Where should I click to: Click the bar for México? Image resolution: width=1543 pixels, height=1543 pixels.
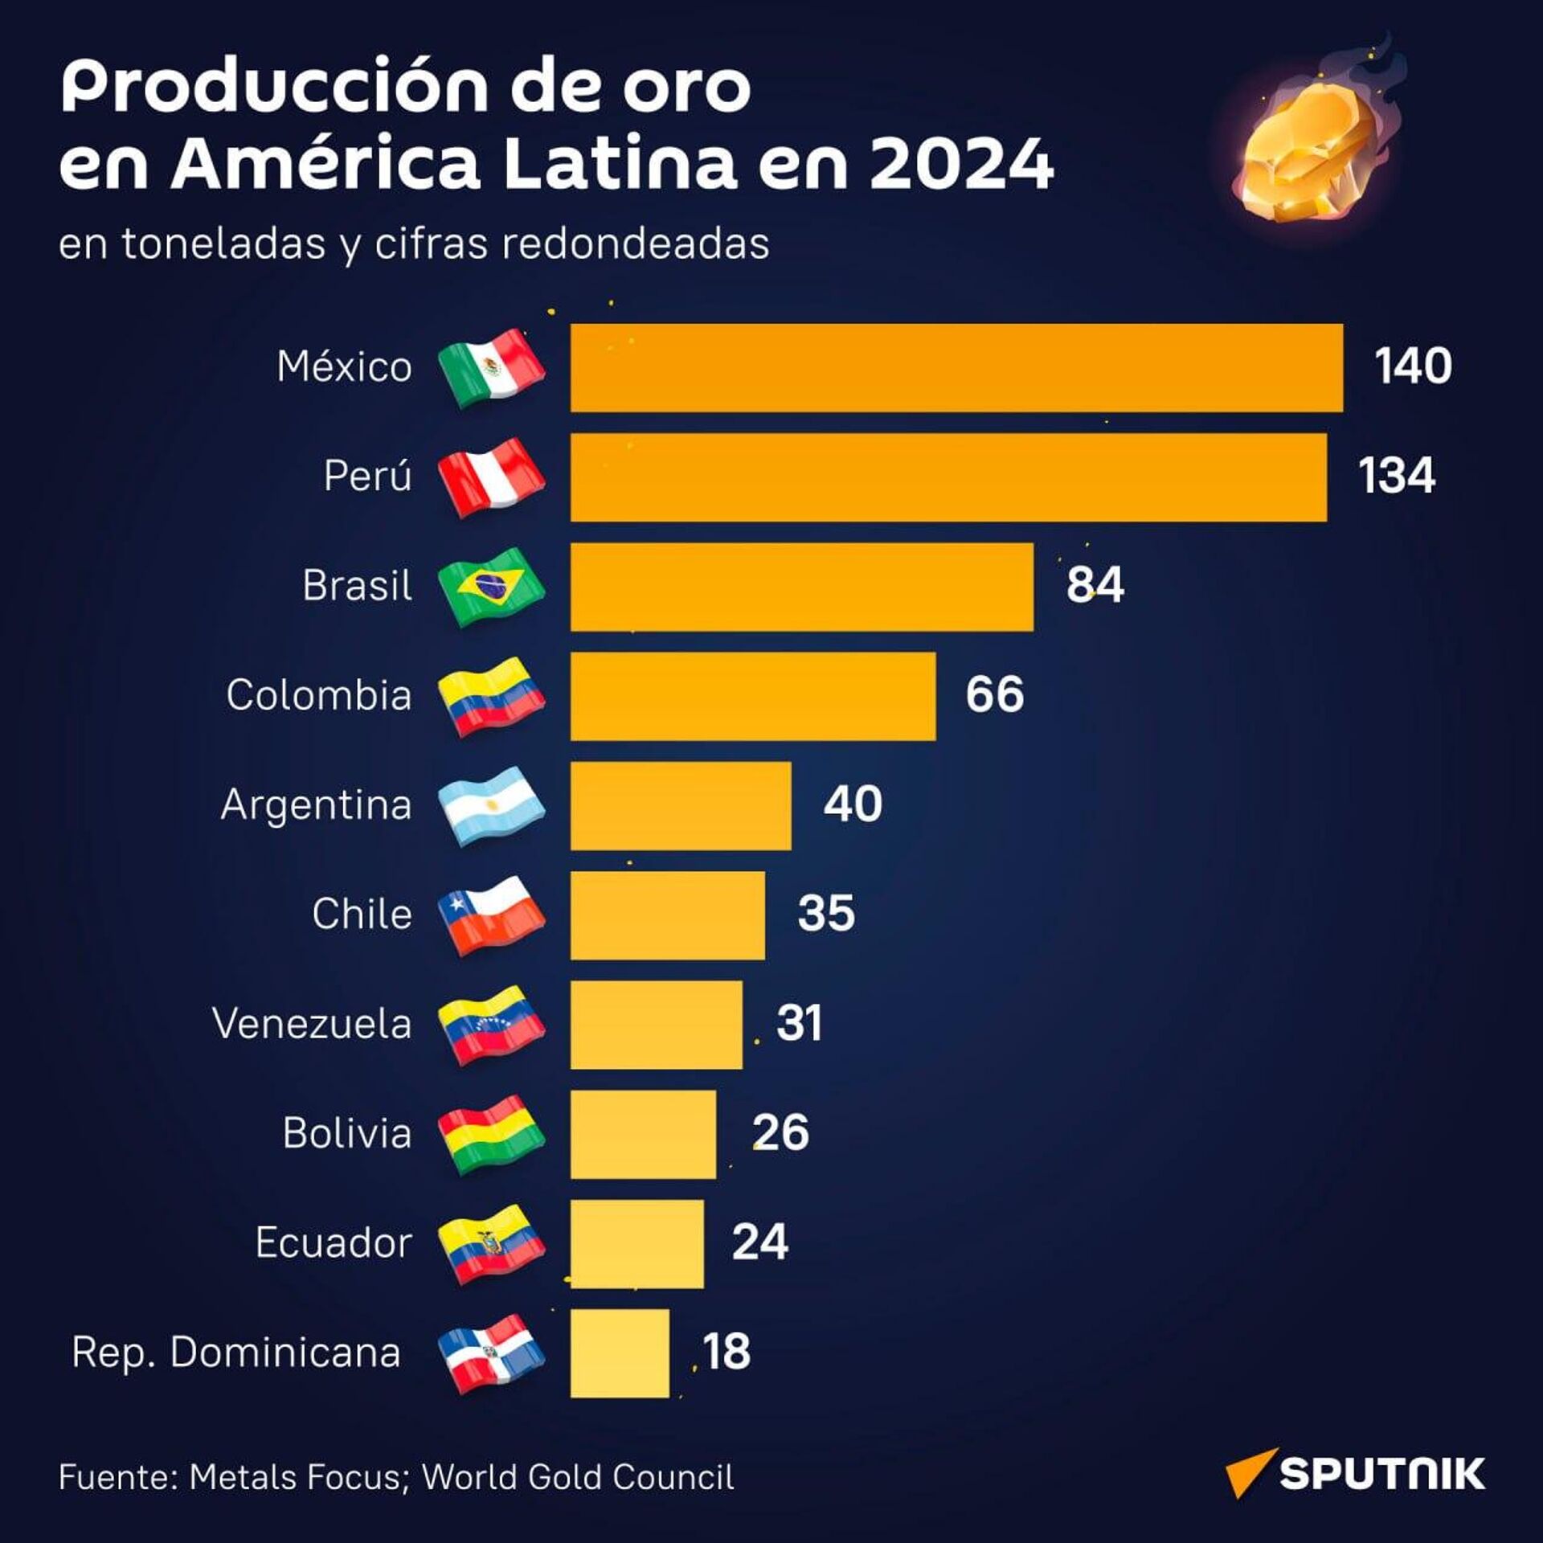tap(956, 367)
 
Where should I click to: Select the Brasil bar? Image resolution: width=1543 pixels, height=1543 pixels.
tap(801, 587)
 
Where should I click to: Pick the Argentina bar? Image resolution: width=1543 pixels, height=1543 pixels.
tap(681, 805)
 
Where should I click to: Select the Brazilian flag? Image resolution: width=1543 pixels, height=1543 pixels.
tap(491, 587)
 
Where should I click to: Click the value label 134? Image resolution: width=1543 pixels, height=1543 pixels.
tap(1396, 476)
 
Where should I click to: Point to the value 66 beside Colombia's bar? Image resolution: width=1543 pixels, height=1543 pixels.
tap(994, 694)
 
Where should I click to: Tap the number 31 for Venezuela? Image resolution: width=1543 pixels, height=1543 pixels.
tap(799, 1023)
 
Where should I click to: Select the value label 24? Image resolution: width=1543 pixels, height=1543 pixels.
tap(759, 1242)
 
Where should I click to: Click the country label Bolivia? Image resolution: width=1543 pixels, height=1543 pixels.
tap(346, 1133)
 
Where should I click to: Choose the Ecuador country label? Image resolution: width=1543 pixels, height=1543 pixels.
tap(334, 1242)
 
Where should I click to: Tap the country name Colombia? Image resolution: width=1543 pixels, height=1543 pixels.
tap(318, 695)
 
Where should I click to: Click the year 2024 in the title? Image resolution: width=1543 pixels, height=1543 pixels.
tap(961, 164)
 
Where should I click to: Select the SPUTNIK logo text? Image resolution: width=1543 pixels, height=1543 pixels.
tap(1381, 1475)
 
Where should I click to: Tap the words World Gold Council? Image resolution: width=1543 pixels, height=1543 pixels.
tap(578, 1477)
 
